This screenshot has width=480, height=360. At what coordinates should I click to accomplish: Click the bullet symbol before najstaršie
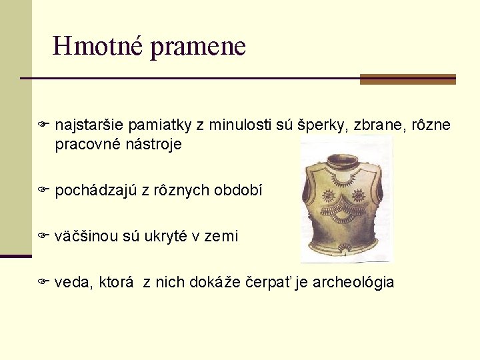44,125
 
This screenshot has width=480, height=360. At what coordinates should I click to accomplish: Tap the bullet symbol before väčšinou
44,235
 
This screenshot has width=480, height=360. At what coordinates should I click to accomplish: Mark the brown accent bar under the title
407,79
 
